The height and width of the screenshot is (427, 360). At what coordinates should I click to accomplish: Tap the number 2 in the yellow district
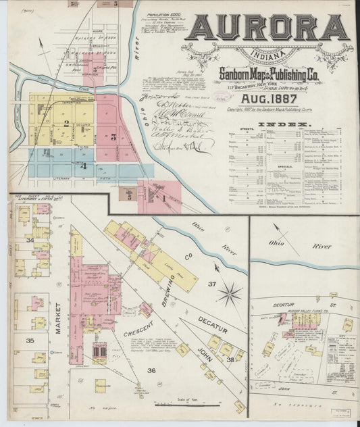pos(66,123)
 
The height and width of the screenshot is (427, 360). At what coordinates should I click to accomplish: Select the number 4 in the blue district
pos(83,165)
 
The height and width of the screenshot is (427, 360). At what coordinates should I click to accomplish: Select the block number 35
pos(30,341)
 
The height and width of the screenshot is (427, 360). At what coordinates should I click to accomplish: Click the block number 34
pos(30,239)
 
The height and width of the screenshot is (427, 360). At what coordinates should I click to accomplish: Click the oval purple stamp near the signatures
pos(220,96)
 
